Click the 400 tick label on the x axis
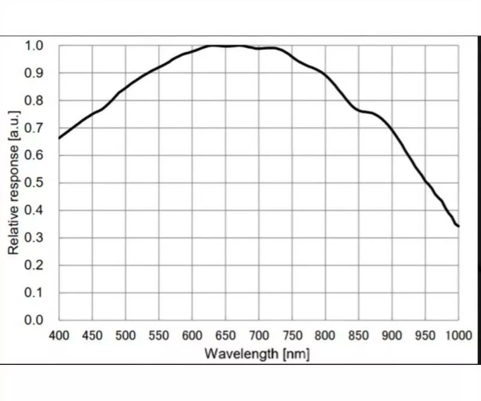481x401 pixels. click(x=59, y=335)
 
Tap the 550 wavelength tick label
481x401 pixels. click(x=159, y=335)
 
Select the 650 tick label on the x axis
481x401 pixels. click(x=225, y=335)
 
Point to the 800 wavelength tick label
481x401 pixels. click(x=325, y=335)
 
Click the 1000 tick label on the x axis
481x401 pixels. click(x=458, y=335)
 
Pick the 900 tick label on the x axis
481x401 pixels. click(x=392, y=335)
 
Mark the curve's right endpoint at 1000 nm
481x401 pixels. click(x=459, y=226)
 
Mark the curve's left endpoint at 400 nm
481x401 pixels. click(x=59, y=138)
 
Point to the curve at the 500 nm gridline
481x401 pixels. click(x=125, y=88)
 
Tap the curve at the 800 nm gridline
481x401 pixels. click(x=325, y=76)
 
